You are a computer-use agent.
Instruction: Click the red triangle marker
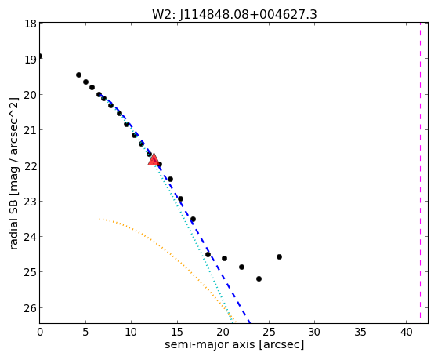(154, 159)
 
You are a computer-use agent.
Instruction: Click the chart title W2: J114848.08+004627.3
(234, 15)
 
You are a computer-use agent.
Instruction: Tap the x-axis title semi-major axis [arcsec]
(234, 344)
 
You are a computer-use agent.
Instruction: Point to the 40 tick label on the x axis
(406, 332)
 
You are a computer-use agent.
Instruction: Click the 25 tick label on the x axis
(269, 332)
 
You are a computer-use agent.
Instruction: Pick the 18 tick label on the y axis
(31, 24)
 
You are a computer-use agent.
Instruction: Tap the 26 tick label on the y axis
(31, 308)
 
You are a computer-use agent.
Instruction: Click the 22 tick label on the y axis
(31, 165)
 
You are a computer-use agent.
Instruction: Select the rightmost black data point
(279, 256)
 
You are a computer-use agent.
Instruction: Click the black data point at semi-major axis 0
(40, 56)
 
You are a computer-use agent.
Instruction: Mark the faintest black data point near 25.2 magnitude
(259, 278)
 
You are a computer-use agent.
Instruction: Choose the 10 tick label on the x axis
(132, 332)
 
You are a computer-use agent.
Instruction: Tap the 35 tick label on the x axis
(360, 332)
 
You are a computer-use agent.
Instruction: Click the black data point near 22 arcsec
(241, 267)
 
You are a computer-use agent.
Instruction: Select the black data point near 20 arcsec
(224, 258)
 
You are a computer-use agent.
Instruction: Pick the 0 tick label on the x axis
(40, 332)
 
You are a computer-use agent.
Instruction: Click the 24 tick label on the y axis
(31, 237)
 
